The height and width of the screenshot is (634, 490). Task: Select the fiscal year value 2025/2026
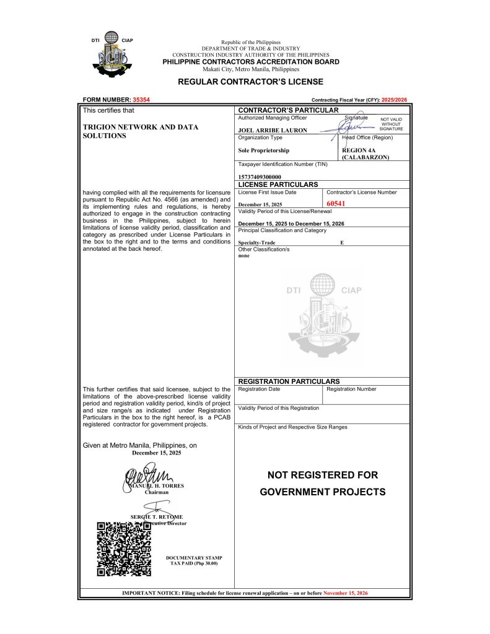click(395, 100)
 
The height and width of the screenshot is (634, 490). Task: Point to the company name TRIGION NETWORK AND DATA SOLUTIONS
click(141, 131)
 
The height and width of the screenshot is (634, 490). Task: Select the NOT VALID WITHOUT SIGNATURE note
click(392, 124)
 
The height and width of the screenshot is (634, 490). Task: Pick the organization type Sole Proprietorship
click(263, 150)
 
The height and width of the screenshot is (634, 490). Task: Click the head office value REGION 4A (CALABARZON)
click(365, 154)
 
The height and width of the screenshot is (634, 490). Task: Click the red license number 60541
click(335, 203)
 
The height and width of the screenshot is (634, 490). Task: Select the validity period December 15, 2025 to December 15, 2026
click(291, 223)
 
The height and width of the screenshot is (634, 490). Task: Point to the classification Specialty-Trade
click(257, 243)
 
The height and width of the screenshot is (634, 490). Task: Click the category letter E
click(342, 243)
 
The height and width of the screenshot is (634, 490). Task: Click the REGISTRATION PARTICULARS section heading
click(289, 381)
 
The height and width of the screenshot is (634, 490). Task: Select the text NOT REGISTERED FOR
click(322, 475)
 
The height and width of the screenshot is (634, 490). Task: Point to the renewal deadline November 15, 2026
click(346, 593)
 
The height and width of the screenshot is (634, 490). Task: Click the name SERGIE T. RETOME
click(156, 516)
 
